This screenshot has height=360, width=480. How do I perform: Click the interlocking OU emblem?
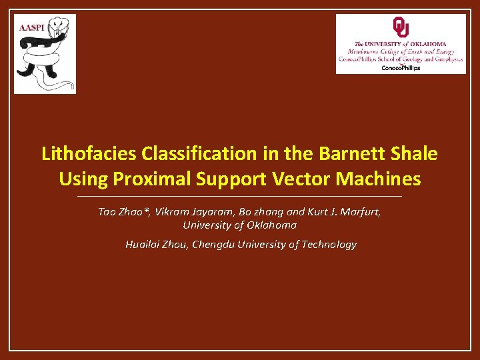[x=401, y=27]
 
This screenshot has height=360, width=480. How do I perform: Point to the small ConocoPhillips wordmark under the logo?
[x=401, y=68]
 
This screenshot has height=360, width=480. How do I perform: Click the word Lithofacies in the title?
[x=89, y=154]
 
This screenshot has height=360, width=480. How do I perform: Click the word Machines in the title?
[x=379, y=179]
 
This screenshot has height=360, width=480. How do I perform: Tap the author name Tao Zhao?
[x=123, y=212]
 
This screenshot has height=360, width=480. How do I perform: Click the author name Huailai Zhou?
[x=157, y=245]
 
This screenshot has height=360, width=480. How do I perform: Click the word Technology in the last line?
[x=329, y=245]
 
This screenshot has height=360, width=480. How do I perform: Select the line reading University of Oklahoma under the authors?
[x=240, y=225]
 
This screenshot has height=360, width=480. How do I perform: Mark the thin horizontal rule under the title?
[x=240, y=197]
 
